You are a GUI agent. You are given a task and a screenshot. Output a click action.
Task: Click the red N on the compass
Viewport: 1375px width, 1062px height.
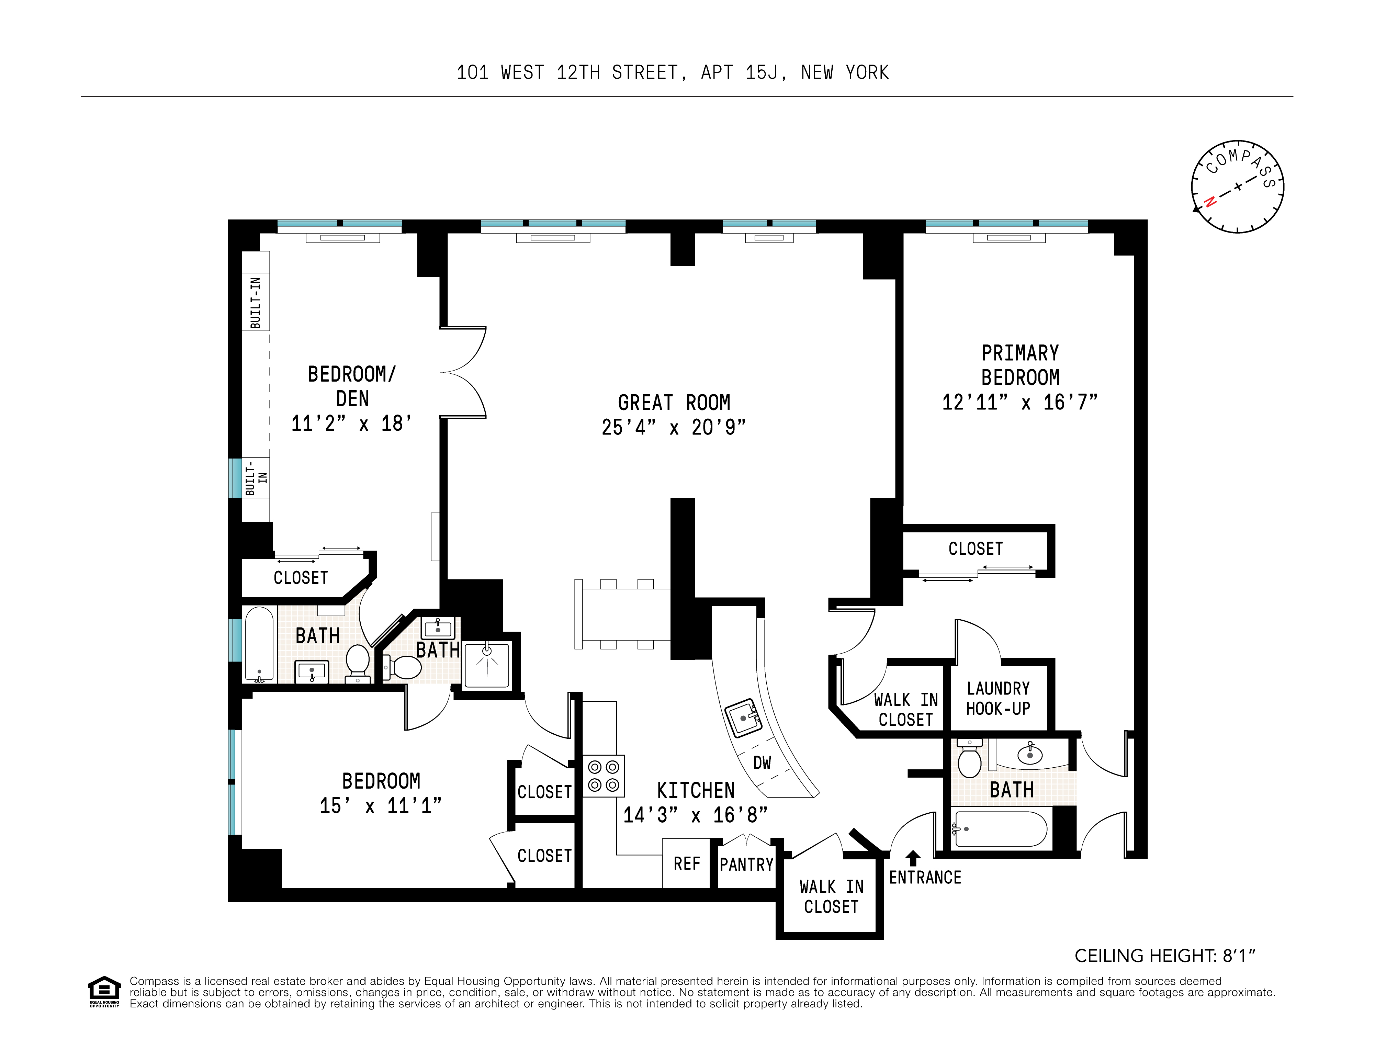click(1209, 202)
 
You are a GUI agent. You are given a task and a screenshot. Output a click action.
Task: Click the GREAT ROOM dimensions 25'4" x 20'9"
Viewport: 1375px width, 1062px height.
click(674, 427)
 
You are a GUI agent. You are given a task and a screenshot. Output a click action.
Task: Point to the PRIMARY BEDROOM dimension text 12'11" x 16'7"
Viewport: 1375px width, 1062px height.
click(1020, 402)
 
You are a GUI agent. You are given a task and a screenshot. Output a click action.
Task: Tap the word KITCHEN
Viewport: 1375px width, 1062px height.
click(696, 791)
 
